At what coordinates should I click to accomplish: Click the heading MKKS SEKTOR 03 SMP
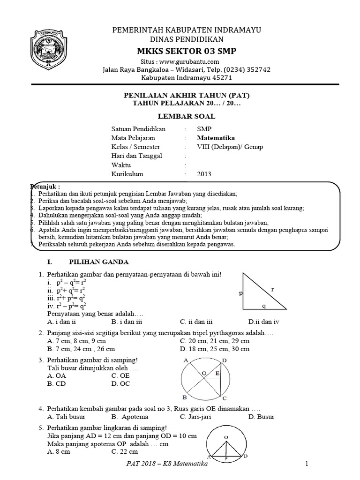pyautogui.click(x=186, y=51)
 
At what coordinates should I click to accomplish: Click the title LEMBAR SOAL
pyautogui.click(x=186, y=115)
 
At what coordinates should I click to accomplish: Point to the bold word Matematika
pyautogui.click(x=216, y=138)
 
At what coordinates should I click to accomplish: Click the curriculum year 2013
pyautogui.click(x=204, y=174)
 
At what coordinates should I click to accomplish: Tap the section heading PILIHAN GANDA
pyautogui.click(x=99, y=262)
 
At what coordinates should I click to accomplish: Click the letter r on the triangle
pyautogui.click(x=272, y=290)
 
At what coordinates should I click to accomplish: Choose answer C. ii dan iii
pyautogui.click(x=196, y=322)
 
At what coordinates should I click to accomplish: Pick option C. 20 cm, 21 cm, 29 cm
pyautogui.click(x=215, y=341)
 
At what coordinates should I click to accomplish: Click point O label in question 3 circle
pyautogui.click(x=204, y=373)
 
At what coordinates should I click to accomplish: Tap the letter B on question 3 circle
pyautogui.click(x=185, y=396)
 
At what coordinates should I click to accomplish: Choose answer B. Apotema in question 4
pyautogui.click(x=129, y=416)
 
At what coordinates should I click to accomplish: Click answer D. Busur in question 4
pyautogui.click(x=261, y=416)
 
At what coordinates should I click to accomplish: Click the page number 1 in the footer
pyautogui.click(x=306, y=464)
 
